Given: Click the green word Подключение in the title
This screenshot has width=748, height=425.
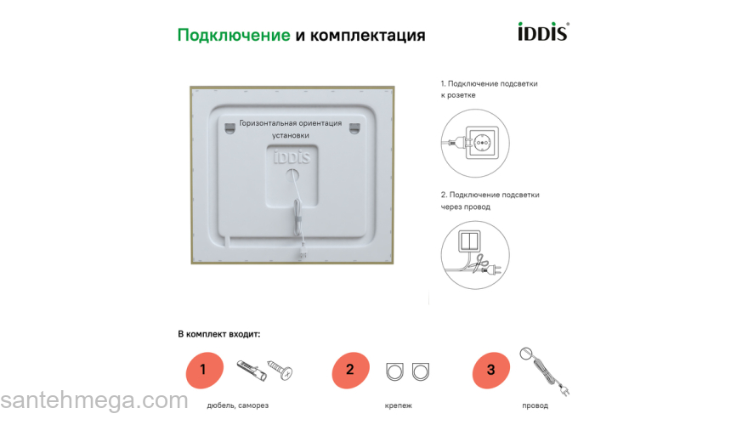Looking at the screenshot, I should tap(234, 36).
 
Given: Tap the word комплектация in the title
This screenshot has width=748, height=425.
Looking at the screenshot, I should tap(368, 36).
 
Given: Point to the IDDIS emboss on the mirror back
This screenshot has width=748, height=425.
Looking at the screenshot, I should tap(291, 157).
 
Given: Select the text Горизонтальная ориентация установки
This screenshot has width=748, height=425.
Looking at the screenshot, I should tap(291, 129).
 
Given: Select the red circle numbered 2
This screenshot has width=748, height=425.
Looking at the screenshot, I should tap(350, 370).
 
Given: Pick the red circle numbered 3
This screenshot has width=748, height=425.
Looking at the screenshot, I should tap(490, 370).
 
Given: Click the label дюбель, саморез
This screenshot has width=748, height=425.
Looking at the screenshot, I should tap(237, 405).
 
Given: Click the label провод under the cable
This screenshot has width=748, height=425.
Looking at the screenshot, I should tap(535, 405).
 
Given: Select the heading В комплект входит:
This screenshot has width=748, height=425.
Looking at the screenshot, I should tap(218, 334).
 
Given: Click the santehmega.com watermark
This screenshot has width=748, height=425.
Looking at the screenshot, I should tap(93, 401).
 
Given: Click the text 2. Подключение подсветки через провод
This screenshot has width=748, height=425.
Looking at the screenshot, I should tap(490, 201).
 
